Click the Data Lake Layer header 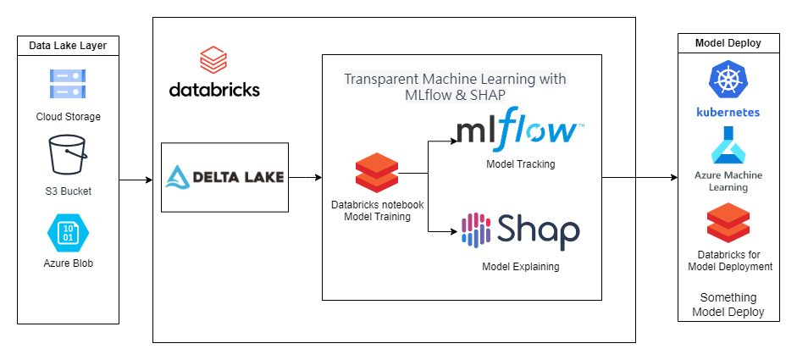pos(68,46)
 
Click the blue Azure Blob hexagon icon pos(68,232)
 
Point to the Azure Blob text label pos(68,263)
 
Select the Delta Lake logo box pos(224,177)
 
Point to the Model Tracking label pos(521,163)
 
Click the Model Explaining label pos(521,267)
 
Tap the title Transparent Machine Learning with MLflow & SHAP pos(455,87)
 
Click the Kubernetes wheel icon pos(728,82)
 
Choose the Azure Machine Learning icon pos(728,145)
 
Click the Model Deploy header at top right pos(728,44)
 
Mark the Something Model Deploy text pos(728,305)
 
